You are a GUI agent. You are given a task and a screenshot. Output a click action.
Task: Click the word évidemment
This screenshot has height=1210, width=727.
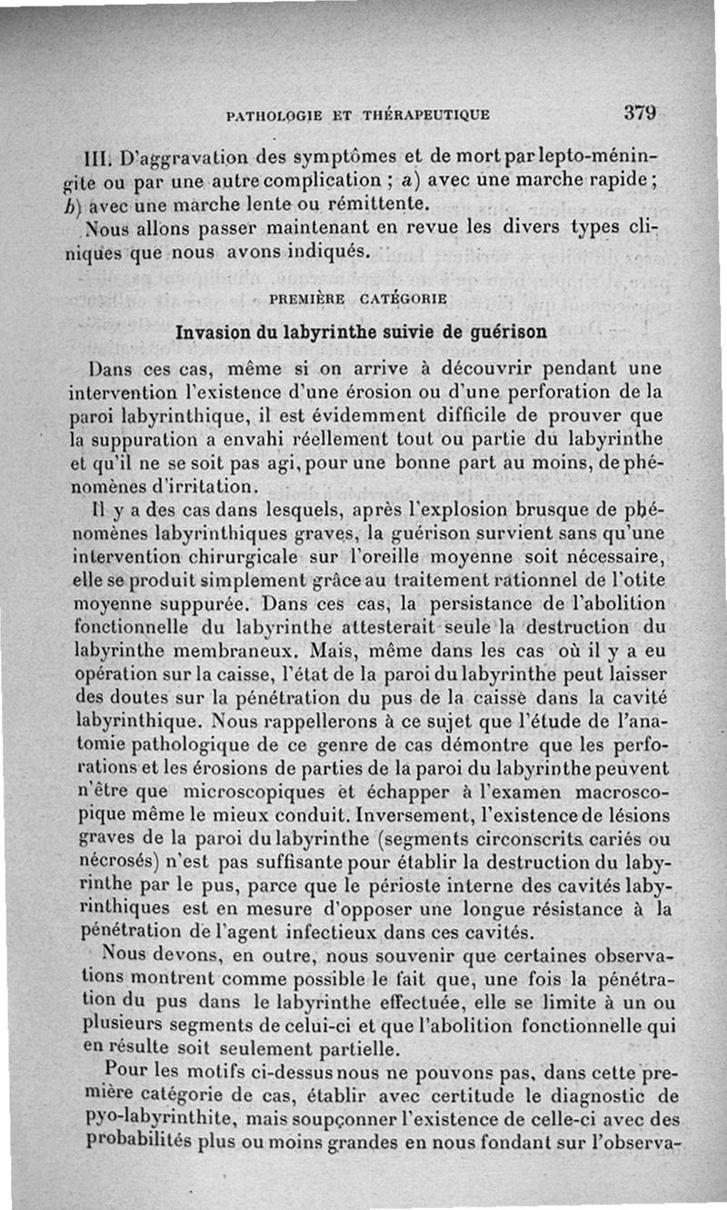[326, 415]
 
